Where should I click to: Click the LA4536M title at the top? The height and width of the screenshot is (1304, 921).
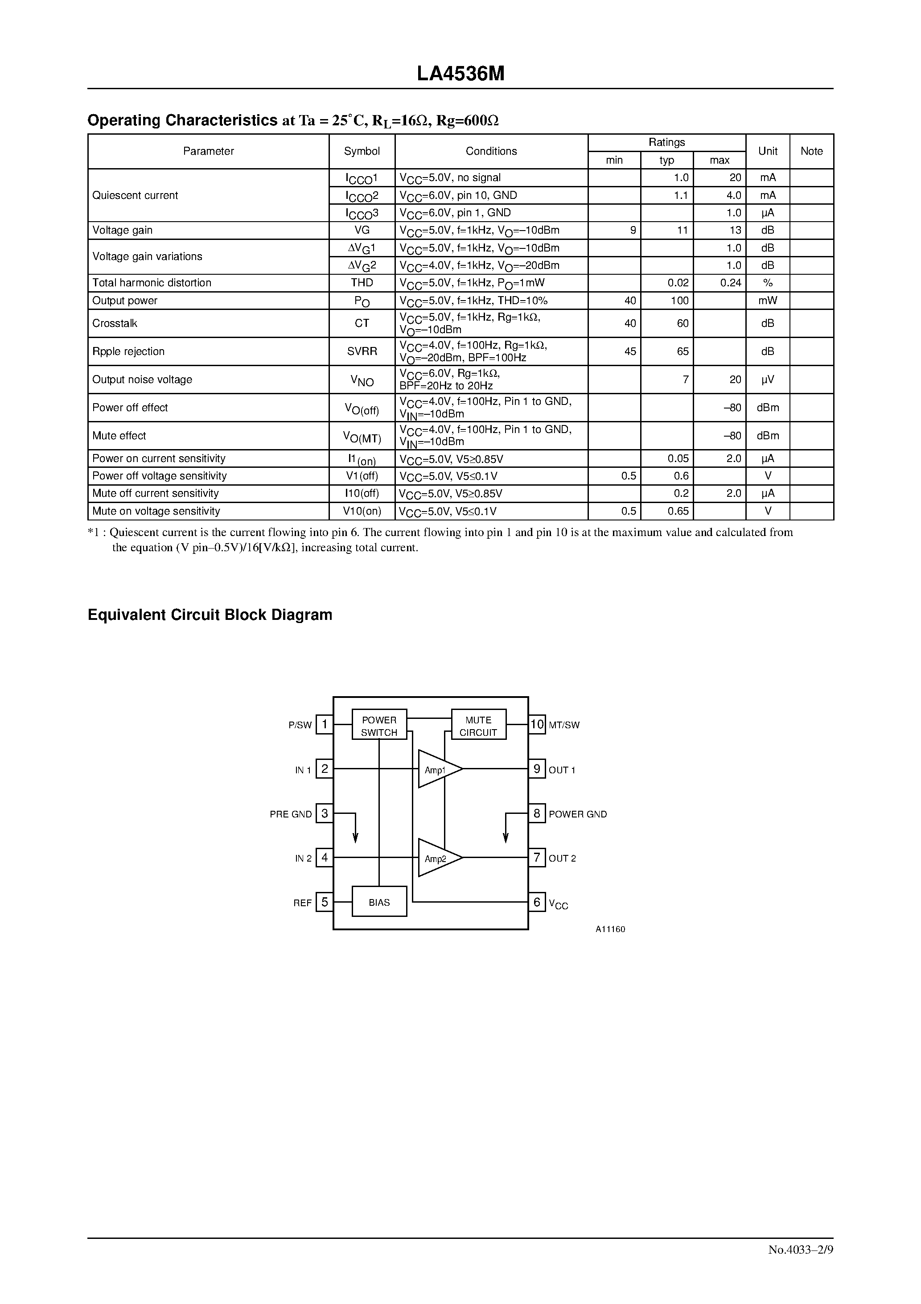pyautogui.click(x=460, y=74)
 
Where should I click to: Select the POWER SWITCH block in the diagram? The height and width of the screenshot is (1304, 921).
pyautogui.click(x=379, y=725)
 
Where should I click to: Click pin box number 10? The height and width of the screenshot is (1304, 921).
pyautogui.click(x=537, y=724)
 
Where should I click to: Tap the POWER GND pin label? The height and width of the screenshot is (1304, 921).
pyautogui.click(x=577, y=814)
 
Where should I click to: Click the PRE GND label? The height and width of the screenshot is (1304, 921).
pyautogui.click(x=291, y=814)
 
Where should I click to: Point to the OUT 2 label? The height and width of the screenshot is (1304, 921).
pyautogui.click(x=562, y=858)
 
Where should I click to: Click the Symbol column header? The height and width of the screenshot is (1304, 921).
pyautogui.click(x=362, y=151)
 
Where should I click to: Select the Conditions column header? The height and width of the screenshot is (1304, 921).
pyautogui.click(x=491, y=151)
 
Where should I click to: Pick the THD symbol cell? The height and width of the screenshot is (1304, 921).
pyautogui.click(x=362, y=283)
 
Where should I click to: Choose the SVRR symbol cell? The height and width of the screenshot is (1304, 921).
pyautogui.click(x=362, y=351)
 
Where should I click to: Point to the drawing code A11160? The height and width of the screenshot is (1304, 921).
pyautogui.click(x=610, y=929)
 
